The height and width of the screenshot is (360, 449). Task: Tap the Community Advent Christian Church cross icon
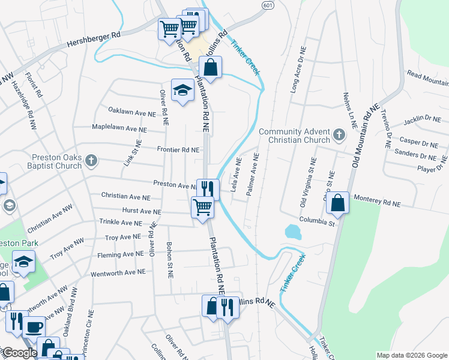(x=339, y=134)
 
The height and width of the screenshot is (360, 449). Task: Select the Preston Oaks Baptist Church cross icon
(x=91, y=160)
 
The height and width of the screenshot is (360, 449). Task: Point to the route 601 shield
(x=268, y=4)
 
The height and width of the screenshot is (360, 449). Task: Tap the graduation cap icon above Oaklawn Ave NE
(x=182, y=91)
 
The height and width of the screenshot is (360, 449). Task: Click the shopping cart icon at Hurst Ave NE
(x=202, y=208)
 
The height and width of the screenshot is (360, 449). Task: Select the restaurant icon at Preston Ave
(x=208, y=188)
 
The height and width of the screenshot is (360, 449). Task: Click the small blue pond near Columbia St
(x=293, y=232)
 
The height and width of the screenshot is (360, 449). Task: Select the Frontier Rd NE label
(x=178, y=149)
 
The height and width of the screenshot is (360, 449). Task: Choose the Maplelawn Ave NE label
(x=119, y=128)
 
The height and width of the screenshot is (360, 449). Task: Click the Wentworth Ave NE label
(x=118, y=272)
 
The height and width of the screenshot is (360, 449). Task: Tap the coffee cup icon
(x=34, y=327)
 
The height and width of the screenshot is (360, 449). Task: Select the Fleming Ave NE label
(x=121, y=254)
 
